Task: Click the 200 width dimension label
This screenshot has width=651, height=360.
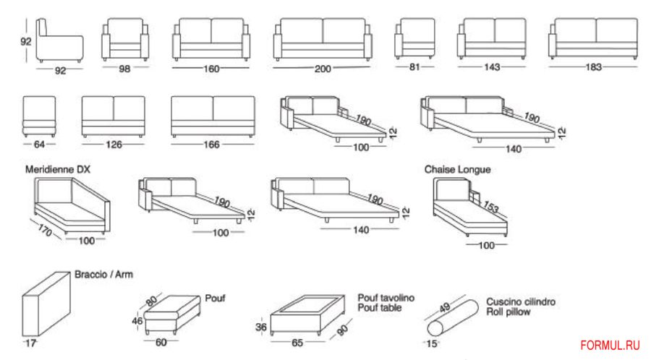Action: pos(323,69)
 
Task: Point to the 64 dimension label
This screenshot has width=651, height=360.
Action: pos(38,144)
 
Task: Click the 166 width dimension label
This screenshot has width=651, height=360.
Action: pos(210,145)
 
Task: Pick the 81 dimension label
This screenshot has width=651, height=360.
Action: pos(414,67)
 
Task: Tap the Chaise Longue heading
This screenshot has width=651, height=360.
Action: pos(457,169)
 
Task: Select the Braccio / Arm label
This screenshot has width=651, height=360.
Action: pos(103,275)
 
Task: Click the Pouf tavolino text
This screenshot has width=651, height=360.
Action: pos(386,298)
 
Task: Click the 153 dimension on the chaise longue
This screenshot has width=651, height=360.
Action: pos(492,207)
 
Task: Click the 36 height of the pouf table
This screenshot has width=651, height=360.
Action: pos(263,327)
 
